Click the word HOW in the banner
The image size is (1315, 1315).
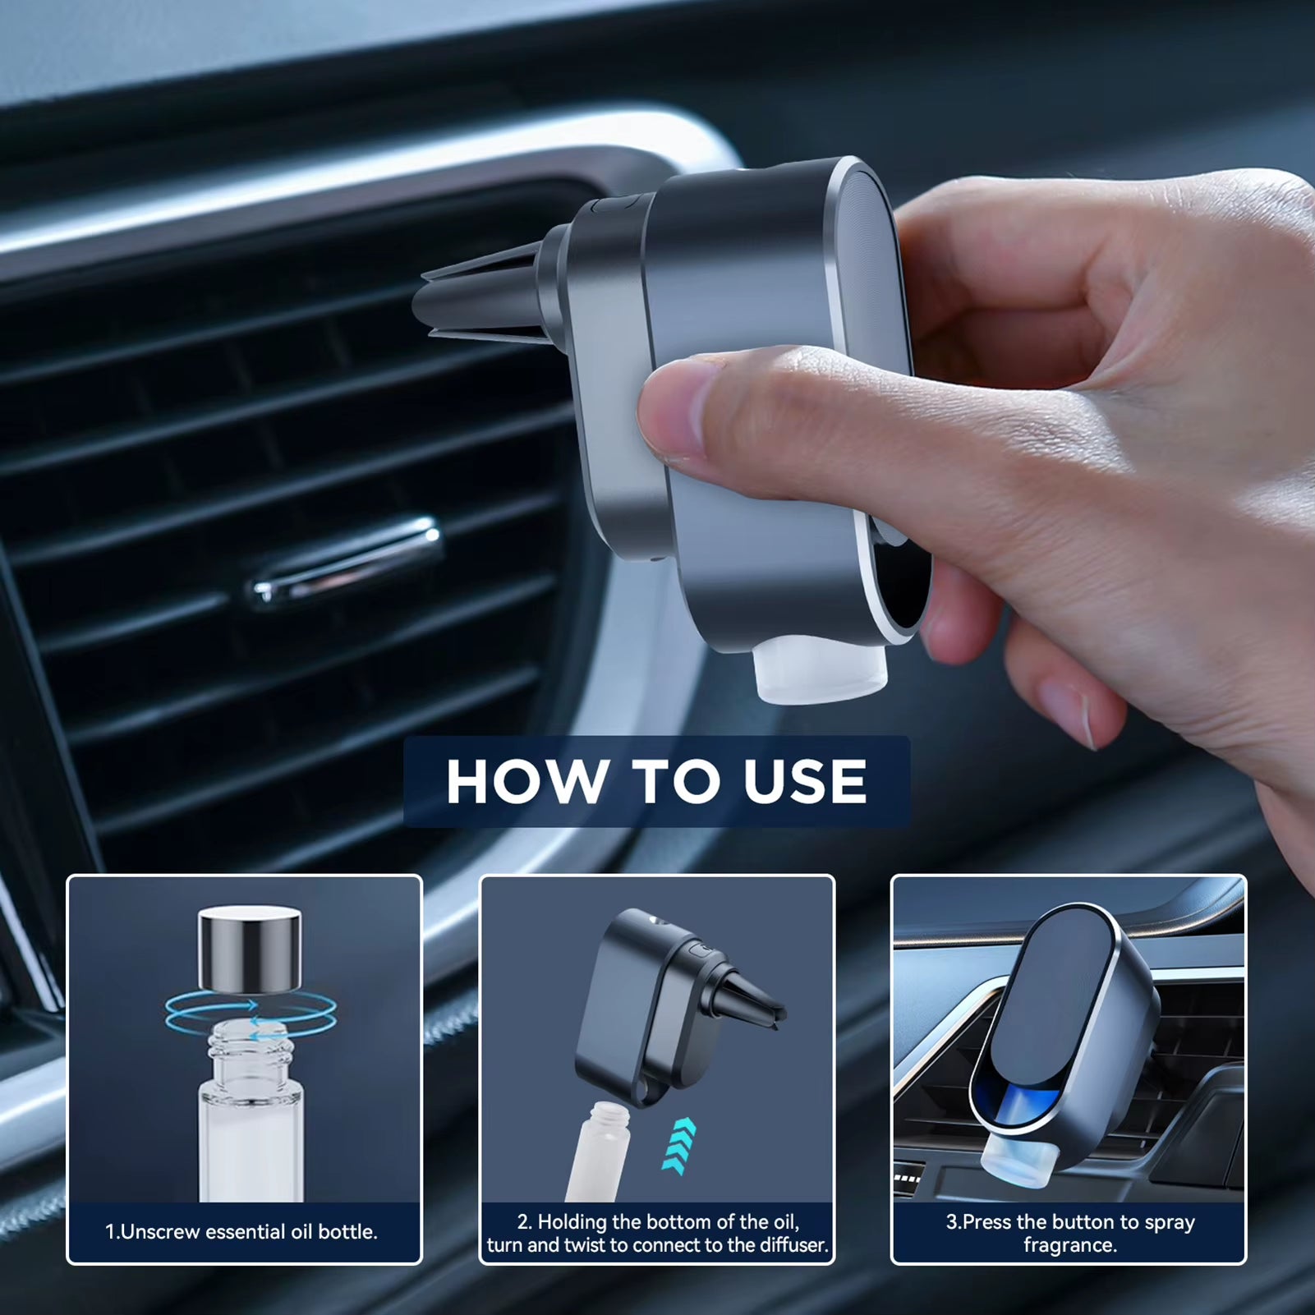point(526,781)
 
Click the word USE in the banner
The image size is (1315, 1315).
point(805,781)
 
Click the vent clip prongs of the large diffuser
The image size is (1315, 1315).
point(476,296)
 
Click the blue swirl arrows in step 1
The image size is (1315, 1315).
point(250,1017)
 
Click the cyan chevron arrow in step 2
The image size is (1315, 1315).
point(679,1145)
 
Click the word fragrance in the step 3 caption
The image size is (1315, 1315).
point(1069,1245)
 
